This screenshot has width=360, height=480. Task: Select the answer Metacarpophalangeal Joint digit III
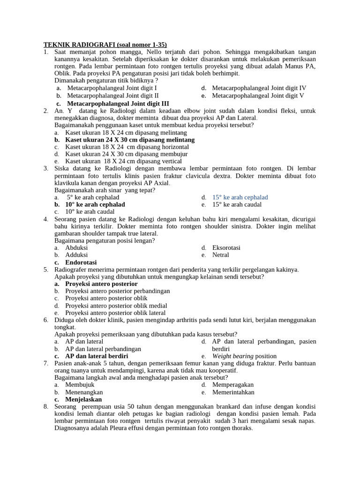(x=118, y=103)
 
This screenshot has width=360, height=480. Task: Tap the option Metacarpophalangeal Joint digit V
(x=258, y=96)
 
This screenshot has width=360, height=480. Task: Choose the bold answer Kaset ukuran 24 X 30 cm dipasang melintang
(x=130, y=140)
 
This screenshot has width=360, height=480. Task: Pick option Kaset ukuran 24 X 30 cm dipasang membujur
(x=126, y=154)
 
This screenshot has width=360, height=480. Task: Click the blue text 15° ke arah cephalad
(x=240, y=197)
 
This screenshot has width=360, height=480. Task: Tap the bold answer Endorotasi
(x=81, y=262)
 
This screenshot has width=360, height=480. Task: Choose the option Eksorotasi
(x=226, y=247)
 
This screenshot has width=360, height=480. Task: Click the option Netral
(x=220, y=255)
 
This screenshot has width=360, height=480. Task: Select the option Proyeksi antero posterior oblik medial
(x=116, y=306)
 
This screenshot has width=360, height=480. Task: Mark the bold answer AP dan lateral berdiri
(x=97, y=356)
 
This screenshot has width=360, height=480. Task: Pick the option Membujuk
(x=80, y=385)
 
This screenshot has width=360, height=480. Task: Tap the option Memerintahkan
(x=233, y=392)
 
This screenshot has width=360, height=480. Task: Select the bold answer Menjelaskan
(x=83, y=399)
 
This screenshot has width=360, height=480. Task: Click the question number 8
(x=46, y=406)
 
